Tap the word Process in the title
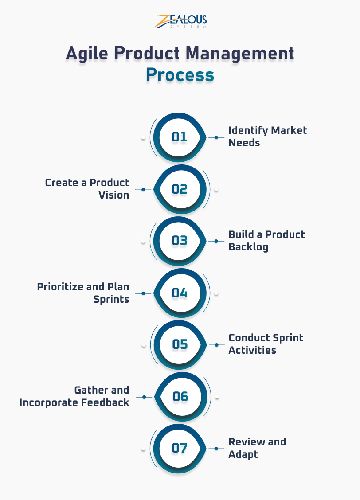(180, 75)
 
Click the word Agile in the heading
(86, 54)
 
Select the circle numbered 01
(180, 137)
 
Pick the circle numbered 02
(180, 189)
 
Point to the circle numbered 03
(180, 241)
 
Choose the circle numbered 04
(180, 293)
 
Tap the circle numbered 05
(180, 344)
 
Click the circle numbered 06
(180, 396)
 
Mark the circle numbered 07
(180, 448)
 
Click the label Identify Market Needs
(267, 137)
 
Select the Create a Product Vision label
(87, 189)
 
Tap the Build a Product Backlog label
(266, 241)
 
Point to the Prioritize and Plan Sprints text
(83, 293)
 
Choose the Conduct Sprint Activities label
(266, 344)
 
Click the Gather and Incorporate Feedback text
(74, 396)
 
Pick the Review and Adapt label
(257, 448)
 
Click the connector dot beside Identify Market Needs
(216, 137)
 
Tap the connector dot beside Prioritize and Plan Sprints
(143, 293)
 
